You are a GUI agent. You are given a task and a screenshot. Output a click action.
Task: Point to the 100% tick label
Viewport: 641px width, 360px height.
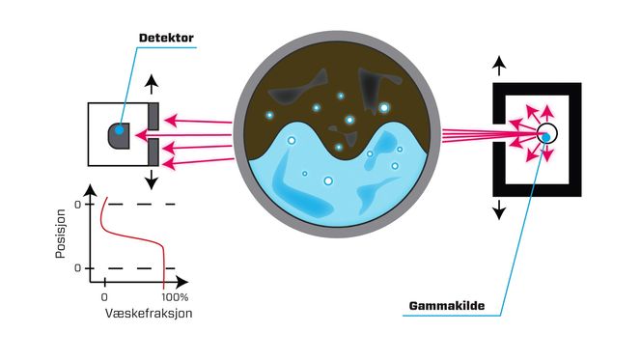click(174, 297)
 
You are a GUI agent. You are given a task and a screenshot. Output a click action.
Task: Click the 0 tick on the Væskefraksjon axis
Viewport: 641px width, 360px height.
click(103, 297)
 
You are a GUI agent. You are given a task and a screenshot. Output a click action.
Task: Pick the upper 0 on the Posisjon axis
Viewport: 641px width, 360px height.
click(78, 204)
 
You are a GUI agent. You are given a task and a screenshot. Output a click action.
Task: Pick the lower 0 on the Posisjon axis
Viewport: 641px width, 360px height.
click(78, 267)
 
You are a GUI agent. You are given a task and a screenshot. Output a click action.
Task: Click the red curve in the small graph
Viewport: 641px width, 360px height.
click(135, 238)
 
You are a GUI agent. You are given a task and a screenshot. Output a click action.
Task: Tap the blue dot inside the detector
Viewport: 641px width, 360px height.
click(119, 129)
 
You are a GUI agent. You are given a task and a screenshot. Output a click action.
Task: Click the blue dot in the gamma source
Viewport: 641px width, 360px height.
click(546, 137)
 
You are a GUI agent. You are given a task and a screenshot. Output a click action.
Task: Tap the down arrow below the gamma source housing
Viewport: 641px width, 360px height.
click(498, 209)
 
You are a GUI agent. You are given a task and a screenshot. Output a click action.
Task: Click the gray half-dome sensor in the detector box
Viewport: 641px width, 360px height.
click(121, 134)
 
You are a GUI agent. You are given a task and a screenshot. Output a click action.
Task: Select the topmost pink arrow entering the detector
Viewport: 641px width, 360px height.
click(197, 120)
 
